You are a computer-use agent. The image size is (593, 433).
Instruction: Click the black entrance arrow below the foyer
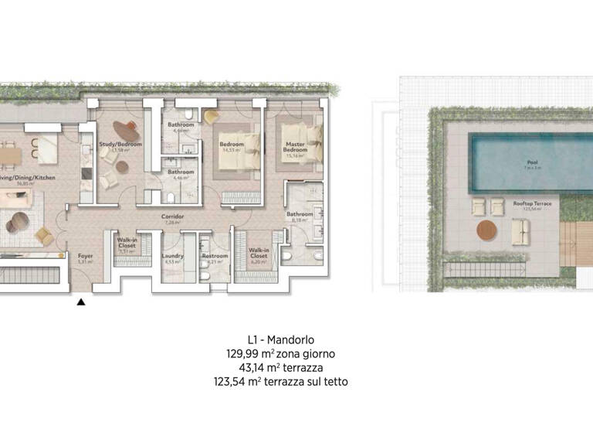(80, 302)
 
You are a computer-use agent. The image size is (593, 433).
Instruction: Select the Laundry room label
(172, 256)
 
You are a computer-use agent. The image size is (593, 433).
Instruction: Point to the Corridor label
(171, 218)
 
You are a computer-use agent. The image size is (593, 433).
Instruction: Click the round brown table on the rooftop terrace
(486, 230)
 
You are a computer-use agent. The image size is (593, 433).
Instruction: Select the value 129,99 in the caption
(238, 353)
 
